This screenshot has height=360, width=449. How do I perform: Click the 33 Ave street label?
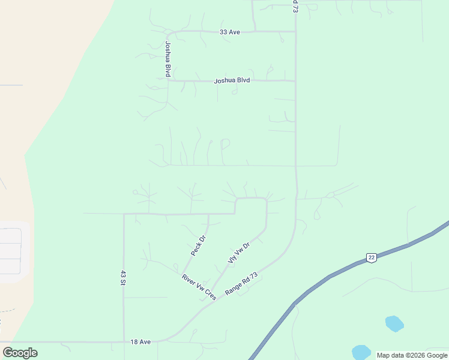[x=230, y=32]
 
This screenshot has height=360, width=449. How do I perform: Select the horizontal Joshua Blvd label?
[x=232, y=80]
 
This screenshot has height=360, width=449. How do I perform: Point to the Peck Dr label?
[x=199, y=246]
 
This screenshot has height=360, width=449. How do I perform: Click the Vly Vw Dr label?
[x=238, y=253]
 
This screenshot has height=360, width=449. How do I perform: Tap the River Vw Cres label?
[x=199, y=286]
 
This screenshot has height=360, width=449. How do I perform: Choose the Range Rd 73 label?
[x=241, y=283]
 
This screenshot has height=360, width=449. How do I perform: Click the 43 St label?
[x=124, y=277]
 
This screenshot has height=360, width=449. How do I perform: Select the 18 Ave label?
[x=140, y=341]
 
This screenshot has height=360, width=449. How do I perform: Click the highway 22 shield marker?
[x=372, y=257]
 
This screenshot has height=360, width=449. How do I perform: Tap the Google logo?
[x=20, y=353]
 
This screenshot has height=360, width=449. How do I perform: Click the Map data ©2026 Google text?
[x=412, y=355]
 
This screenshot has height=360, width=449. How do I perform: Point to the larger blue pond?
[x=394, y=324]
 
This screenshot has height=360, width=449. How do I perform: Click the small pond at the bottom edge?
[x=361, y=352]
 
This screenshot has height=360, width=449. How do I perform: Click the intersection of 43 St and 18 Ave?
[x=124, y=342]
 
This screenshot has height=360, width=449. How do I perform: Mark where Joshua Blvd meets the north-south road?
[x=295, y=80]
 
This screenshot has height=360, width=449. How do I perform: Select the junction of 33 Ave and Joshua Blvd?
[x=169, y=32]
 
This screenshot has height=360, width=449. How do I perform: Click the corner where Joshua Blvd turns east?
[x=169, y=80]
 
